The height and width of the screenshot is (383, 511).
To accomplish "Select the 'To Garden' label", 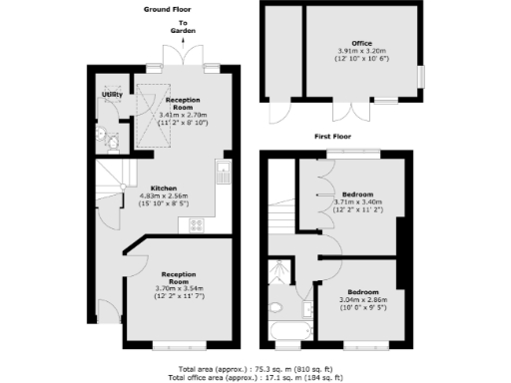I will (183, 26).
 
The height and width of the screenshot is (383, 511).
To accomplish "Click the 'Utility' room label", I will (111, 95).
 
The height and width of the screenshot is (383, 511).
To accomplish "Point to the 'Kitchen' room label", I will (164, 188).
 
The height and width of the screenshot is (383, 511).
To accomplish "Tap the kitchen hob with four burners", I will (197, 224).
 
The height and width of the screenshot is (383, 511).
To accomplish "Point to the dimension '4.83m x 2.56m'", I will (164, 195).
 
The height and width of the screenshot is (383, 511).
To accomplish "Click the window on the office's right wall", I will (422, 75).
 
